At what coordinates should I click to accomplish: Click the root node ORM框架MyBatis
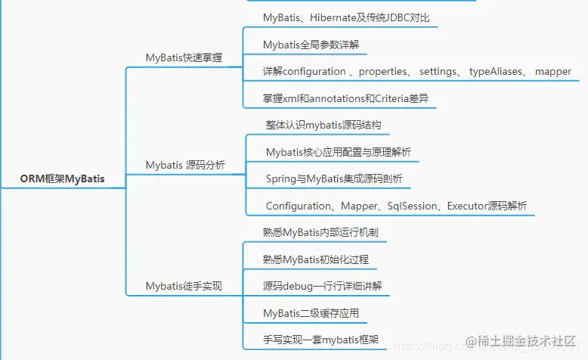[x=62, y=179]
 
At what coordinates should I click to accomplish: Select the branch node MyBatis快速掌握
[x=184, y=57]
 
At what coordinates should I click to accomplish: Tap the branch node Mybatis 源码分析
[x=184, y=164]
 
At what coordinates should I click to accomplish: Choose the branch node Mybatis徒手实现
[x=184, y=286]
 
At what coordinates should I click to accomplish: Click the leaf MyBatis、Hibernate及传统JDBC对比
[x=346, y=17]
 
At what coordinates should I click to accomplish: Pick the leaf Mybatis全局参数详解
[x=311, y=45]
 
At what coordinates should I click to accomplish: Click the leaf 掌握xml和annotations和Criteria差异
[x=350, y=98]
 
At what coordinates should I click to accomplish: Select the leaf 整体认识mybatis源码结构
[x=329, y=125]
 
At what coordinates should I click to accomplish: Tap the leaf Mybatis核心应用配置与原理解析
[x=338, y=152]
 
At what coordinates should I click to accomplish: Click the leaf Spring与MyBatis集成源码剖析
[x=334, y=178]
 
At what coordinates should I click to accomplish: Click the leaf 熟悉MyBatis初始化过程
[x=316, y=259]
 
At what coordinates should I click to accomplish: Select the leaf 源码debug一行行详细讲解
[x=323, y=286]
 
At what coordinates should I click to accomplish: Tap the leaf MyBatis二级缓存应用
[x=311, y=313]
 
